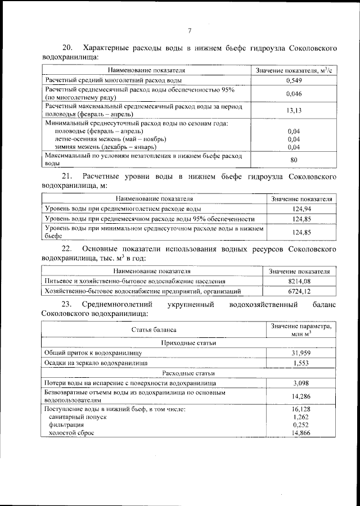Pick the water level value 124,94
(301, 209)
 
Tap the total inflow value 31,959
(301, 353)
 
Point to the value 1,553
(301, 363)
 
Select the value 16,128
(301, 410)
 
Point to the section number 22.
(66, 249)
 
